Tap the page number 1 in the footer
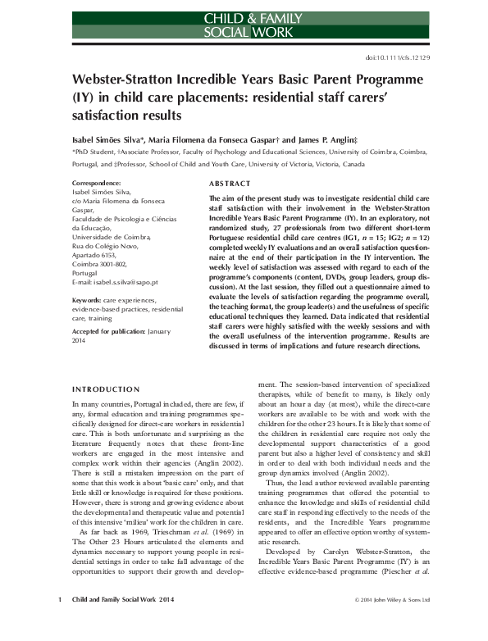coord(60,622)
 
